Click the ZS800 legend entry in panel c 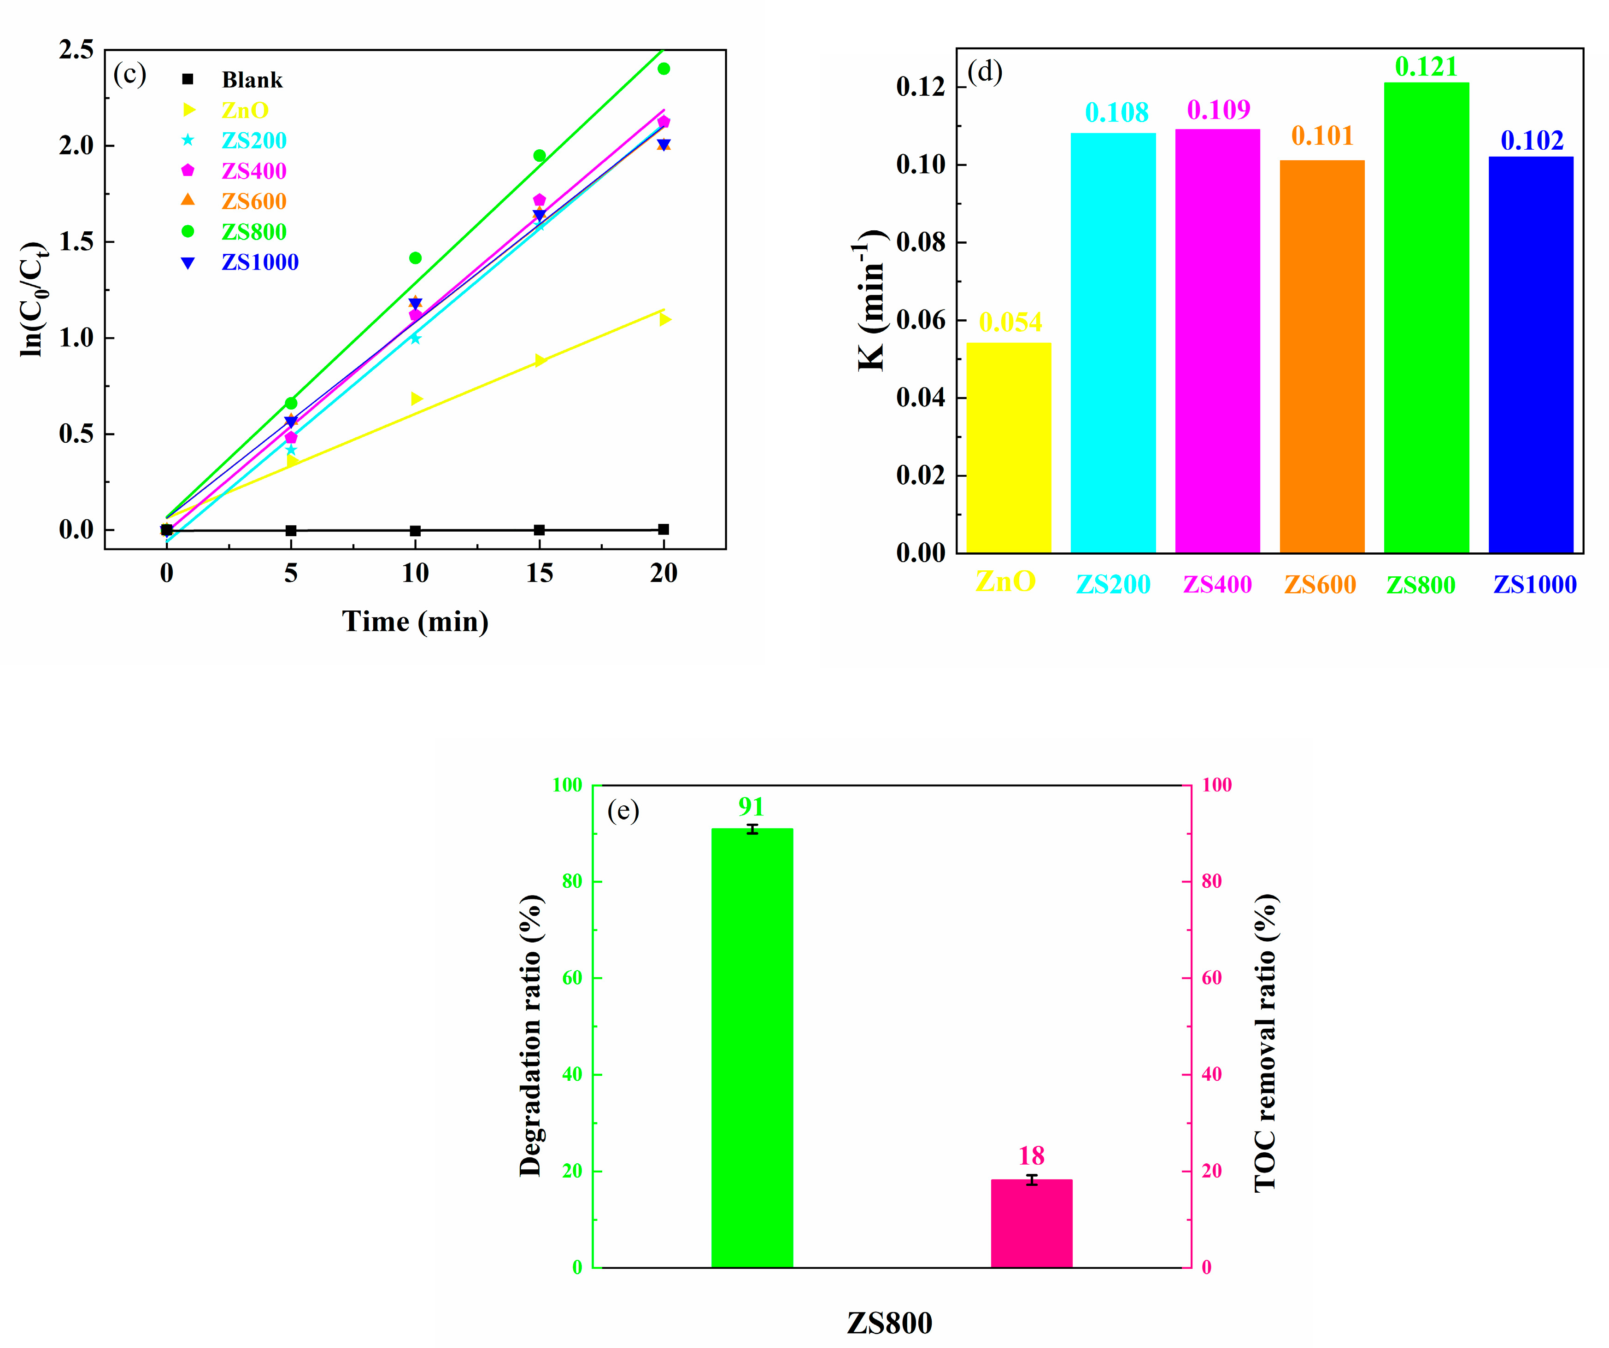(253, 231)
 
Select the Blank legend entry (251, 80)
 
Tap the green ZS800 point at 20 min (664, 69)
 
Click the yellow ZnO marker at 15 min (540, 360)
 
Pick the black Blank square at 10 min (415, 531)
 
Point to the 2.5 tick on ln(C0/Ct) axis (76, 50)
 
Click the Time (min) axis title (415, 621)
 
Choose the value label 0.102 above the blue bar (1532, 140)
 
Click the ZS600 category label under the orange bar (1320, 584)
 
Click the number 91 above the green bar (751, 807)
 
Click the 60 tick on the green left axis (571, 978)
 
